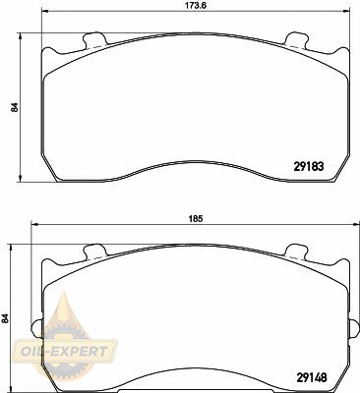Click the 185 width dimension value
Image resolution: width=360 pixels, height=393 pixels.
(195, 218)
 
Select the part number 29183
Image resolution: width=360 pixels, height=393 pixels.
(309, 167)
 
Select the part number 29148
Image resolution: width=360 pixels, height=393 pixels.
(312, 378)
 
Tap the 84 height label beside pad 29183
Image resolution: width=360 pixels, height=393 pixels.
(15, 107)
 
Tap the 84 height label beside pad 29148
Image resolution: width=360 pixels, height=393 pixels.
(5, 318)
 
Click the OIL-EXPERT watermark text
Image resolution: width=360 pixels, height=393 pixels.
(64, 352)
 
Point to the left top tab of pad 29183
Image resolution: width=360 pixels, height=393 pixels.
(94, 39)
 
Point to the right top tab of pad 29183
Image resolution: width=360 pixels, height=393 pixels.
(297, 39)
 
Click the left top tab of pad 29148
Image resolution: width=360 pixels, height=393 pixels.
(94, 251)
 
